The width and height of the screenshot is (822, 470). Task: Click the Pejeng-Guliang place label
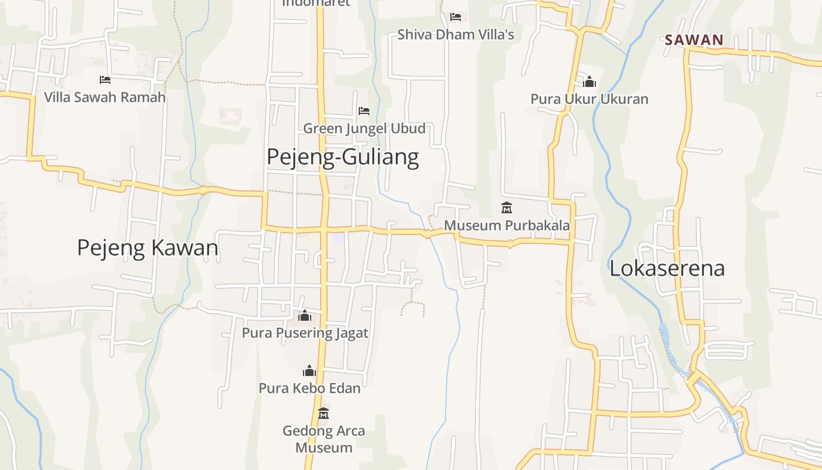click(x=343, y=157)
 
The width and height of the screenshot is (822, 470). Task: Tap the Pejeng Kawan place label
click(x=147, y=248)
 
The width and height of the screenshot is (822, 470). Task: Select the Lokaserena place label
click(x=667, y=268)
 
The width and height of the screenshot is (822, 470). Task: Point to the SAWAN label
click(x=694, y=41)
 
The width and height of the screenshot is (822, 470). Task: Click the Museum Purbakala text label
click(x=507, y=226)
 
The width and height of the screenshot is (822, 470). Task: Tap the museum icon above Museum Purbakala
click(x=507, y=208)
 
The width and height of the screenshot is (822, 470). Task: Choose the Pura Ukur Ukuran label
click(x=589, y=99)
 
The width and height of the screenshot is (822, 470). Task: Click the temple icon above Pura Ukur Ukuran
click(x=589, y=82)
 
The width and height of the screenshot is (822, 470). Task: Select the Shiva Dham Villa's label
click(x=456, y=35)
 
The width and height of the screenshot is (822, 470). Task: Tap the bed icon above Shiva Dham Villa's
click(x=456, y=16)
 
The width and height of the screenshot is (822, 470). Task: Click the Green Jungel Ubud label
click(x=364, y=129)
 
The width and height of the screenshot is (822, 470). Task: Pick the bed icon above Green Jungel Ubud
click(x=364, y=110)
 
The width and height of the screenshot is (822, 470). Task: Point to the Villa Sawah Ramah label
click(x=105, y=97)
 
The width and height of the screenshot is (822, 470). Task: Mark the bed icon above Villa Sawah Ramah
click(x=105, y=79)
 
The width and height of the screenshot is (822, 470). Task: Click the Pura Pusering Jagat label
click(x=305, y=333)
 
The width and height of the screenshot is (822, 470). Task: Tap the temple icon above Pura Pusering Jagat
click(x=305, y=316)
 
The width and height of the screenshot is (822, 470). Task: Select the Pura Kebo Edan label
click(x=309, y=388)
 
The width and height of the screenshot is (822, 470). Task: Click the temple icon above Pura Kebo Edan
click(x=309, y=371)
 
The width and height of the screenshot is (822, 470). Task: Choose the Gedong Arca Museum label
click(x=324, y=439)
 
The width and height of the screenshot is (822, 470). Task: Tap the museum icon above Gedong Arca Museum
click(x=324, y=414)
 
